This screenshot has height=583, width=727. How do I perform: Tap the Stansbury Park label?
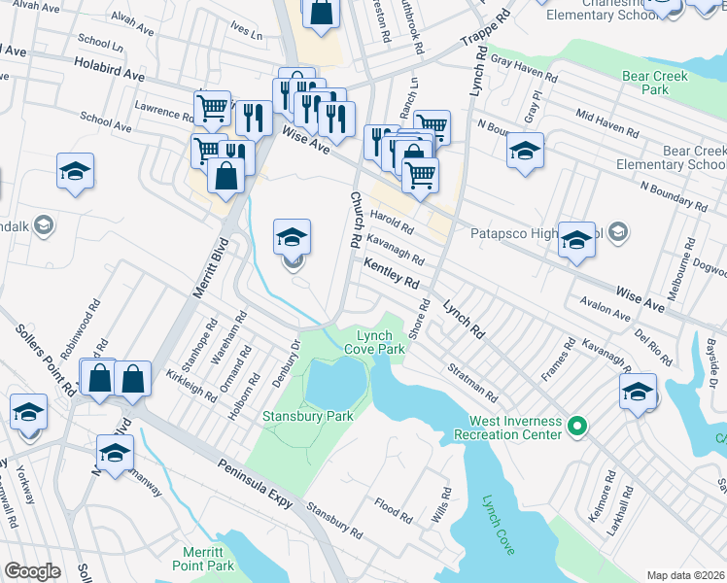tap(308, 416)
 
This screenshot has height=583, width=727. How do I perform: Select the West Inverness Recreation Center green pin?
tap(576, 426)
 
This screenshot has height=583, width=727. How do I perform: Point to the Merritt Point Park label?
tap(203, 560)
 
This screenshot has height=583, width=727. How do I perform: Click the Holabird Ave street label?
tap(109, 68)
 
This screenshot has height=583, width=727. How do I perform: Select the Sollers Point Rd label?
tap(46, 355)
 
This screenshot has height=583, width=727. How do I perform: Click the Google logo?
tap(32, 570)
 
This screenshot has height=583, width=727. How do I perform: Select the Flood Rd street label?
tap(394, 506)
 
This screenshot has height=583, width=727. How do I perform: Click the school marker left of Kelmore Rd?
tap(638, 392)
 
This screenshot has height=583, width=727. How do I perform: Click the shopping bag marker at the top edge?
tap(322, 13)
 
